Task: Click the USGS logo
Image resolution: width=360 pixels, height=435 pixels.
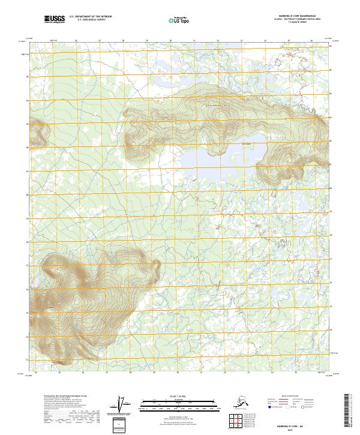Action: pos(55,19)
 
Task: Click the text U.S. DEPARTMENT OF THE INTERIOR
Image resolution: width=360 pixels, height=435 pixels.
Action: pos(89,17)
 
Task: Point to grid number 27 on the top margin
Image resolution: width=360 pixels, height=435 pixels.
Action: pos(100,41)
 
